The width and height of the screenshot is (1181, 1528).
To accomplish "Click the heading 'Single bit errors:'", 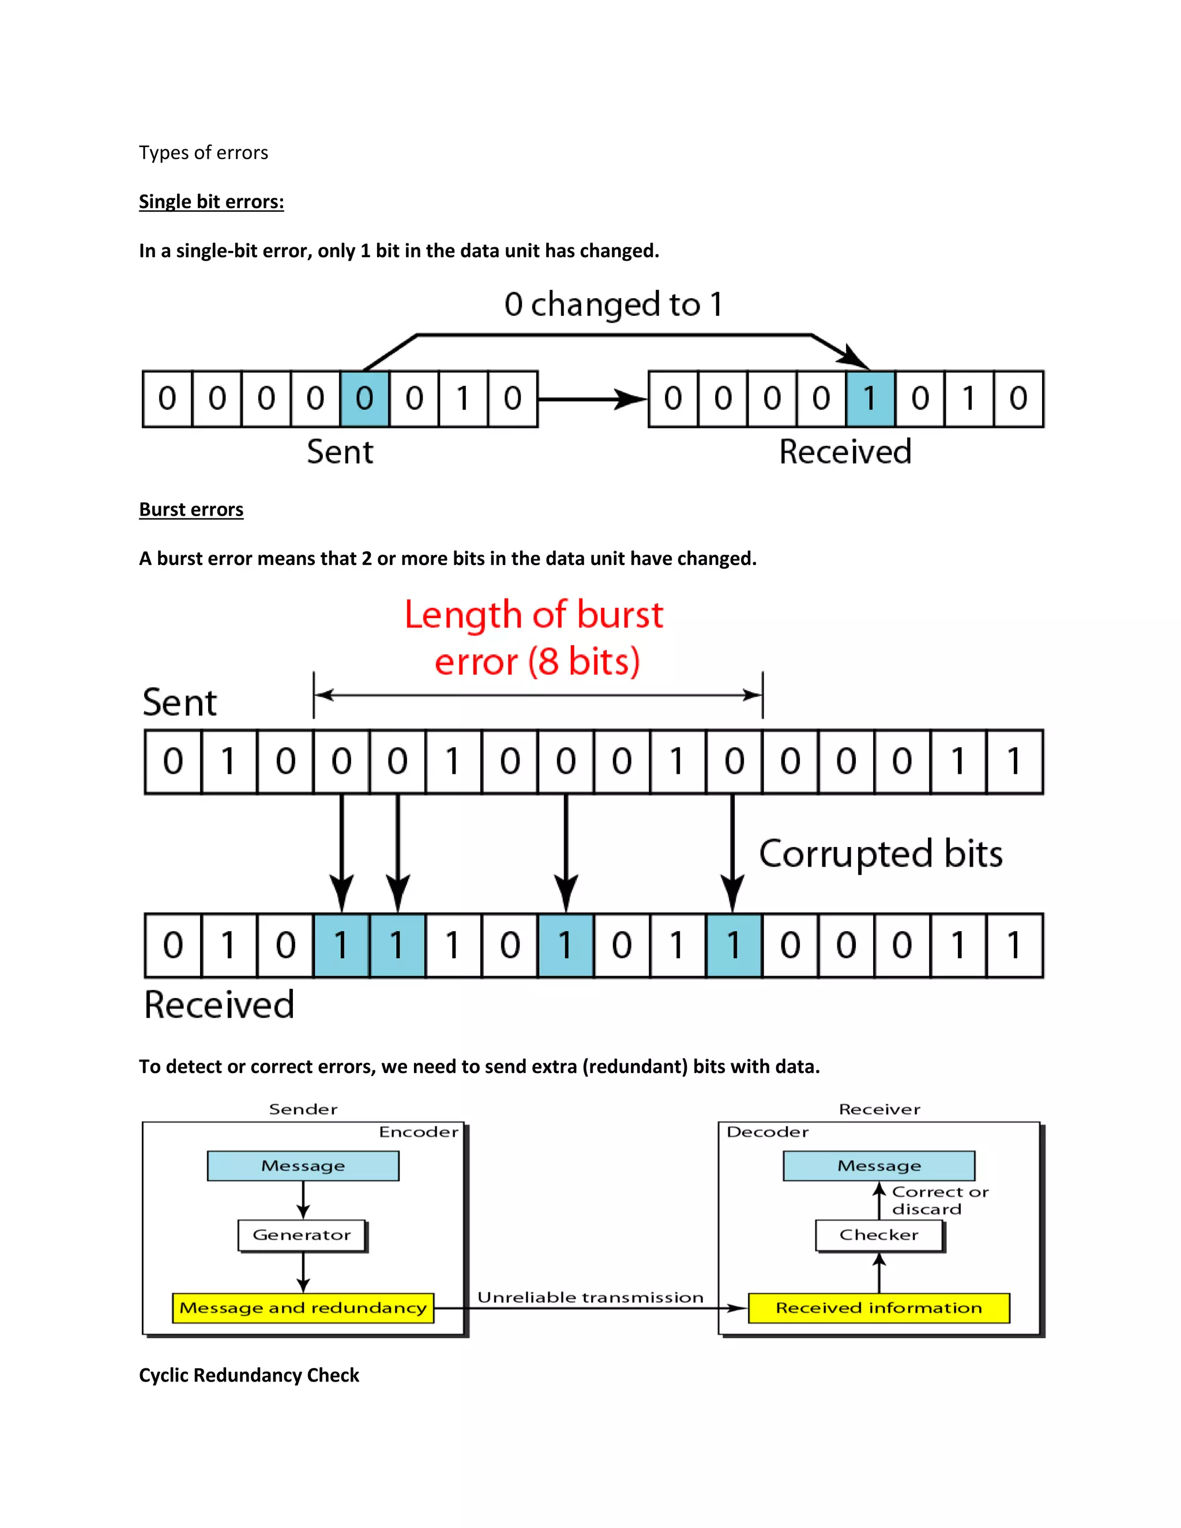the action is (x=211, y=202).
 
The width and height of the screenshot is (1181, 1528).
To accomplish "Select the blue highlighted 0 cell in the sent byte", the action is (x=364, y=399).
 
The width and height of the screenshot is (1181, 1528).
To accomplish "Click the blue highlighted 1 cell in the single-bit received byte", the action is (x=870, y=399).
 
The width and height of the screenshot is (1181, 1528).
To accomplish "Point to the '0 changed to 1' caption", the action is (x=613, y=304).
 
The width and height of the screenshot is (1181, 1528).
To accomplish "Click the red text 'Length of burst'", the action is (x=534, y=616).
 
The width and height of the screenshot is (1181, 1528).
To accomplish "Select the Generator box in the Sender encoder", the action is (x=302, y=1236).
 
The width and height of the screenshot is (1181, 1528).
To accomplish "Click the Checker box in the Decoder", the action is (x=879, y=1236).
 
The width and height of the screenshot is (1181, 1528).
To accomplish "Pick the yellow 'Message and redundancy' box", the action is (x=303, y=1308).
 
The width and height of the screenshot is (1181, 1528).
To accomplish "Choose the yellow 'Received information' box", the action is (x=879, y=1308).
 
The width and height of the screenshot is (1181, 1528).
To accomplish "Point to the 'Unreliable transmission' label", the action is (x=590, y=1298).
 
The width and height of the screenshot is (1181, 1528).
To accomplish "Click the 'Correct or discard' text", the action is (x=939, y=1200).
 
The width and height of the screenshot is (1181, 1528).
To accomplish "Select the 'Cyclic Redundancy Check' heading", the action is (x=249, y=1375).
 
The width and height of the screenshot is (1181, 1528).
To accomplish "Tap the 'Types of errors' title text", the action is (x=204, y=153).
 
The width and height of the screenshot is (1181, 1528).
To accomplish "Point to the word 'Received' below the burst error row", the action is (x=219, y=1006).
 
